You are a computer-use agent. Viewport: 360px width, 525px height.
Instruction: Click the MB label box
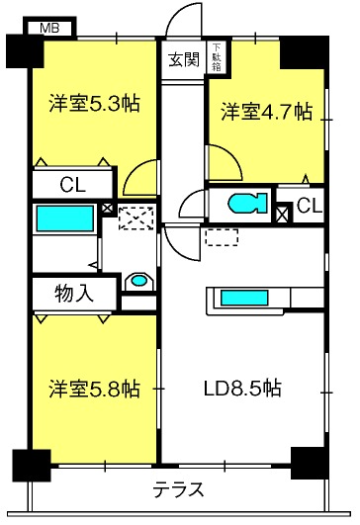(x=49, y=28)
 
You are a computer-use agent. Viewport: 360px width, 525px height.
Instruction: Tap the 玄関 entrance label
(x=184, y=60)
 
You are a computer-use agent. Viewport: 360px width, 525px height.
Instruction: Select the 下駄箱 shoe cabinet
(x=216, y=57)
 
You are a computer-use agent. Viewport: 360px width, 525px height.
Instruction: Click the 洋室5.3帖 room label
(x=94, y=103)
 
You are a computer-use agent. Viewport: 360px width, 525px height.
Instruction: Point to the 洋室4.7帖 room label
(x=266, y=112)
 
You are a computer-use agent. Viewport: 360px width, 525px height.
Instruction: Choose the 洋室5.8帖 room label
(x=94, y=389)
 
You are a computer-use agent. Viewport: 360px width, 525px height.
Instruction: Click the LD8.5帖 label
(x=242, y=389)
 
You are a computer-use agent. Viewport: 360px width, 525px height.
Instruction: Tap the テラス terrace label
(x=178, y=489)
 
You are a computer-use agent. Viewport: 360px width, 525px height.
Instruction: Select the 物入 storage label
(x=73, y=295)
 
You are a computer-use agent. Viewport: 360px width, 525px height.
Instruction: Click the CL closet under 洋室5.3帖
(x=72, y=185)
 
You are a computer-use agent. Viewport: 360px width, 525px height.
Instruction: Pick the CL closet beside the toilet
(x=309, y=206)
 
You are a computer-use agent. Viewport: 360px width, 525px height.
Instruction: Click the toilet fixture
(x=248, y=204)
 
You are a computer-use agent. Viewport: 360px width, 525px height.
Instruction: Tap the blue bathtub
(x=65, y=219)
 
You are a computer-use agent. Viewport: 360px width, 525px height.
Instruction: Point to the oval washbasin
(x=139, y=280)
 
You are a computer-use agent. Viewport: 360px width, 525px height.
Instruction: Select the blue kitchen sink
(x=244, y=298)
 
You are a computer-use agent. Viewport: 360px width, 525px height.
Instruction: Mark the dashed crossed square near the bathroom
(x=135, y=219)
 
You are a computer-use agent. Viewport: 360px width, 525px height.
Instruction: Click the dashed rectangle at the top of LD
(x=222, y=237)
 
